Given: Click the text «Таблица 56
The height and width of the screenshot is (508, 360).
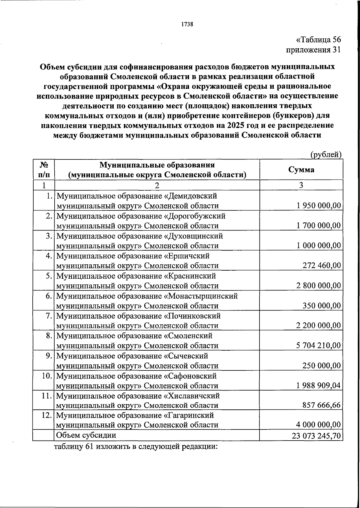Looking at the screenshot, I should coord(318,40).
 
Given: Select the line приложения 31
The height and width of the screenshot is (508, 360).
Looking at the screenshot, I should coord(313,50).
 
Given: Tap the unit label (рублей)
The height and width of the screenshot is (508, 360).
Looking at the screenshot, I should coord(326,155).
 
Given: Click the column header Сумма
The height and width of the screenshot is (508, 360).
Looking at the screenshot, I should coord(301,170).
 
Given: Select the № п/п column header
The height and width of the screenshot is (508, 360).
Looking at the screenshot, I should coord(44,170).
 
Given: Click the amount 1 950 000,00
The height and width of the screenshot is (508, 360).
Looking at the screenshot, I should coord(319,206).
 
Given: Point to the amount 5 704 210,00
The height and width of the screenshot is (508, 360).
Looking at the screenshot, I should coord(318,346).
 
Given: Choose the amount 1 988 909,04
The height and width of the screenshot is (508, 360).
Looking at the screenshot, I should coord(318,385).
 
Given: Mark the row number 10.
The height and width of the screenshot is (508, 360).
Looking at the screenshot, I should coord(47,376).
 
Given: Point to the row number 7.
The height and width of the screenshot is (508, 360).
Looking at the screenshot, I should coord(49,316).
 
